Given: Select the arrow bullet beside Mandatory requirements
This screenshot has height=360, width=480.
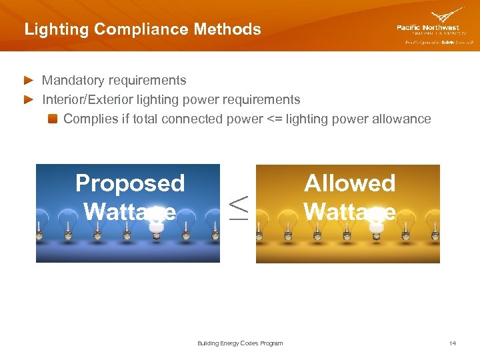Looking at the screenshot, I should tap(28, 81).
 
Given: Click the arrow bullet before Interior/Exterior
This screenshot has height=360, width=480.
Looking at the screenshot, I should tap(28, 100).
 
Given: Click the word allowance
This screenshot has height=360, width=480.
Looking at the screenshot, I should tap(402, 119).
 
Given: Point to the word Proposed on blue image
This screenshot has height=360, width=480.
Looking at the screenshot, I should tap(130, 183).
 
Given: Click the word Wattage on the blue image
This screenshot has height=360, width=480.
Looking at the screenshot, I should tap(130, 211).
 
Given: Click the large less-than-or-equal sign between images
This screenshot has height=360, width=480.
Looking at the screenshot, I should tap(238, 207).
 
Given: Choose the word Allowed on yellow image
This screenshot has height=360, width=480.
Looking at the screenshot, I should tap(349, 183).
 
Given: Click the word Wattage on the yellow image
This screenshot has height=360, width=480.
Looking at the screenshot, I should tap(349, 211).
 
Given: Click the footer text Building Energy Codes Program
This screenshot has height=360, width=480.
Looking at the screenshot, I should tap(240, 343).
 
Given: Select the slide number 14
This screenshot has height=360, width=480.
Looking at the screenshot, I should tap(453, 343).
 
